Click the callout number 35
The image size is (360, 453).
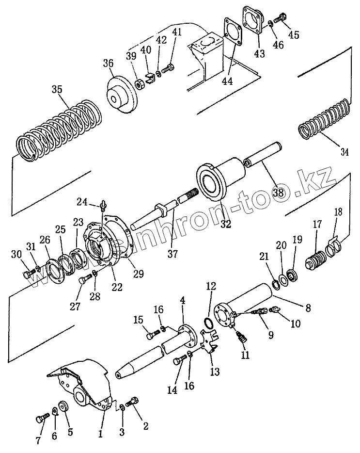click(x=57, y=89)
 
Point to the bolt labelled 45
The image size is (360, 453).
click(x=280, y=19)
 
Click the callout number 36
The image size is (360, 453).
click(x=108, y=64)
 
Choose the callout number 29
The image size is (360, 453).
click(x=139, y=274)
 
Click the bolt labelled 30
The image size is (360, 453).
click(x=27, y=275)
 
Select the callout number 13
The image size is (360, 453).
click(x=214, y=372)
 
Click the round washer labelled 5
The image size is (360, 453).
click(x=63, y=406)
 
